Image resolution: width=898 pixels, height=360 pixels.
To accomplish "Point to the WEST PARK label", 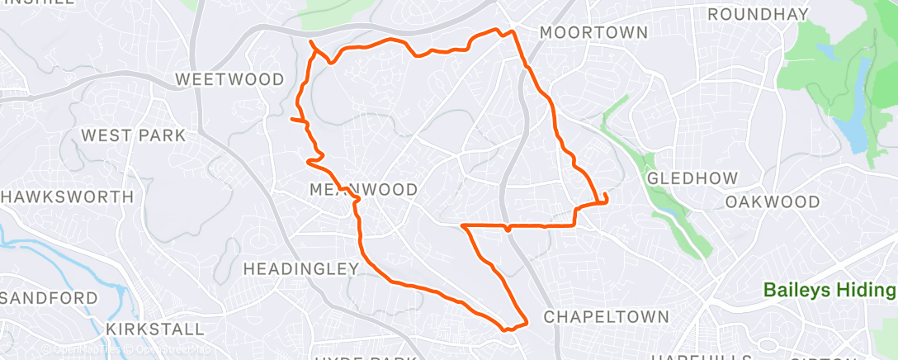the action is [134, 135].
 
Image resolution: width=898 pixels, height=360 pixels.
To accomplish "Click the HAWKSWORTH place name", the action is [68, 197].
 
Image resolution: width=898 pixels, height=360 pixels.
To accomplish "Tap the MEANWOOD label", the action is [363, 190].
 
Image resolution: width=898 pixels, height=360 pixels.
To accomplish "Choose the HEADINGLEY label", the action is [301, 268].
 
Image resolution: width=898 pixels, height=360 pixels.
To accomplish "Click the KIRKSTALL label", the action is [155, 329].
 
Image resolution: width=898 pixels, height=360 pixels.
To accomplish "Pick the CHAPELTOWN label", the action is [606, 317].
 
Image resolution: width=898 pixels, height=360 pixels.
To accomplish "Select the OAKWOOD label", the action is [773, 202].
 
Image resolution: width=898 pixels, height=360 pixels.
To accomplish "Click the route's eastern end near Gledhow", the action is [606, 196].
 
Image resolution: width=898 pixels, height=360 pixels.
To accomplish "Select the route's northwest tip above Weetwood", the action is [311, 42].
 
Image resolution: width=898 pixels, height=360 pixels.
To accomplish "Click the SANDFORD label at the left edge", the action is [50, 297].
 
